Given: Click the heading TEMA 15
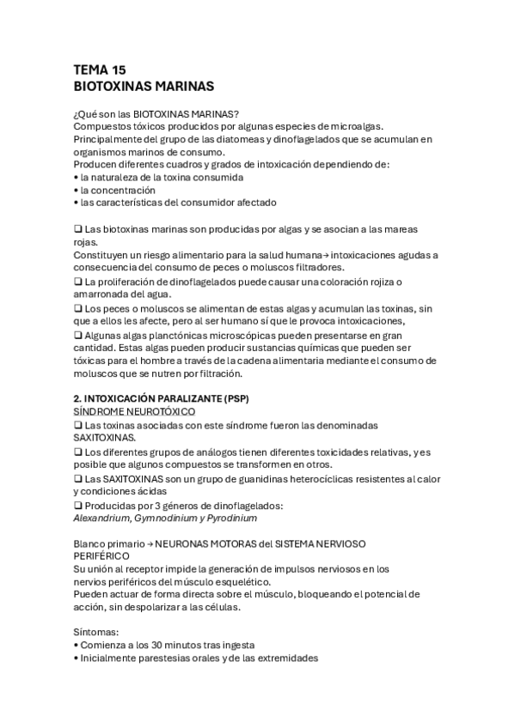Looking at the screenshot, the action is pos(100,70).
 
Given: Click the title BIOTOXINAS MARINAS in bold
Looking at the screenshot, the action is pos(144,87).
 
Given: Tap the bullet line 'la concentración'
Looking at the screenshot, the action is pos(118,189).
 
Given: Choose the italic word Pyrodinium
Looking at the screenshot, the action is pos(231,518).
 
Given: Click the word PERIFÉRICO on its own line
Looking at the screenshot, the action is pos(101,555).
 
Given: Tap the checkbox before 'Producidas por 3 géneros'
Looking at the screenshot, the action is pos(78,506).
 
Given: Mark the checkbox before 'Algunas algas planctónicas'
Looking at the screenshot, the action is pos(78,335).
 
